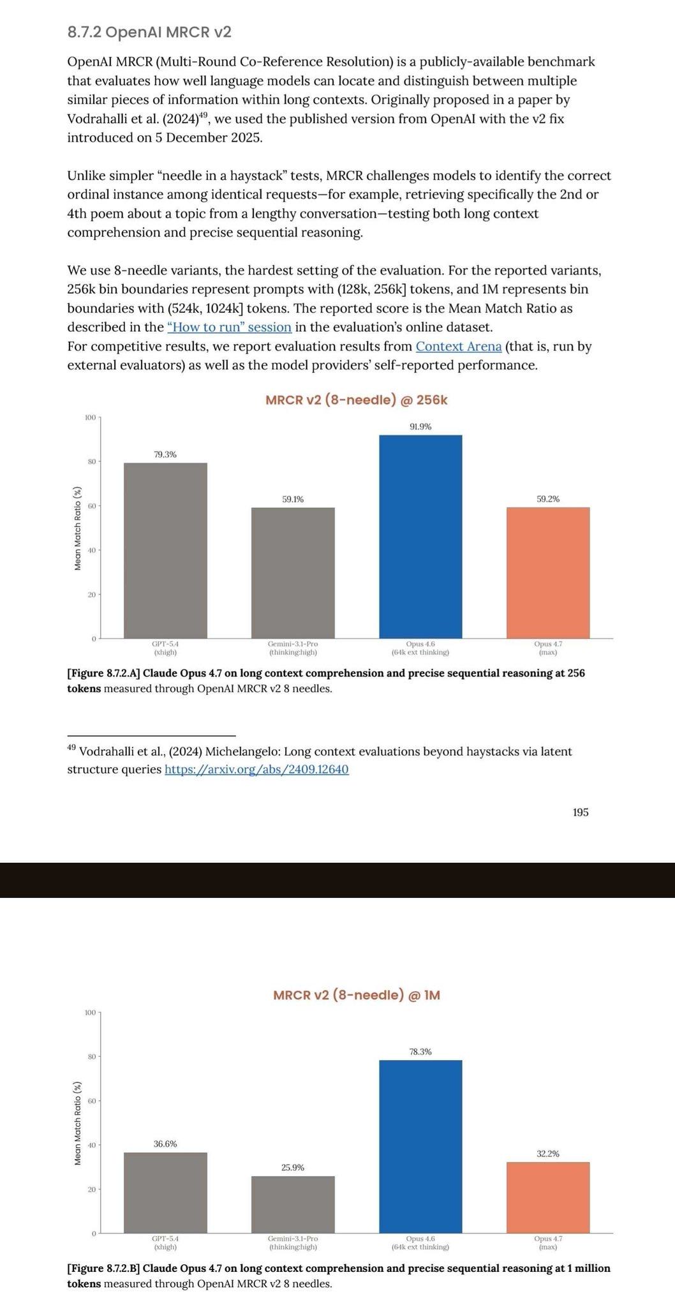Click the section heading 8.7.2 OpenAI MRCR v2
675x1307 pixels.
point(149,32)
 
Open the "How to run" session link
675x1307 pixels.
point(229,327)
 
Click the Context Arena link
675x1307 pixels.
point(458,347)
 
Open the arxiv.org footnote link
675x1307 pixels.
point(256,769)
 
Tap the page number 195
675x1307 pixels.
point(580,812)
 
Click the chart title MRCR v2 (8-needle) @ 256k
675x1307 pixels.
point(356,400)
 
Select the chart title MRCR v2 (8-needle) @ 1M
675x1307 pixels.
point(356,995)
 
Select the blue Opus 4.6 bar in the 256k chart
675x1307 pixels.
point(420,536)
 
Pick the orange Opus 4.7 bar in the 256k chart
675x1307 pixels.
point(548,572)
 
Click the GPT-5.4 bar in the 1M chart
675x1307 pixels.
point(165,1193)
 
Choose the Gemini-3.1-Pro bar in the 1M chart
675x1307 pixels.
point(293,1204)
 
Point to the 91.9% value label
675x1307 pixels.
point(420,427)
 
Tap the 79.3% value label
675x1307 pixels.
point(165,454)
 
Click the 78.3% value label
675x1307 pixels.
point(420,1051)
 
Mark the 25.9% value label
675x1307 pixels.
point(293,1167)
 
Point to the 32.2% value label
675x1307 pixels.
point(548,1153)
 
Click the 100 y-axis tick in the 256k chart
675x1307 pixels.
point(89,417)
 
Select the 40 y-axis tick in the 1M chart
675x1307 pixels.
point(91,1145)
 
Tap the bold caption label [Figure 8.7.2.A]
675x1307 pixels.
point(104,673)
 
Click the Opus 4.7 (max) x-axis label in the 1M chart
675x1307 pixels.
point(548,1243)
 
